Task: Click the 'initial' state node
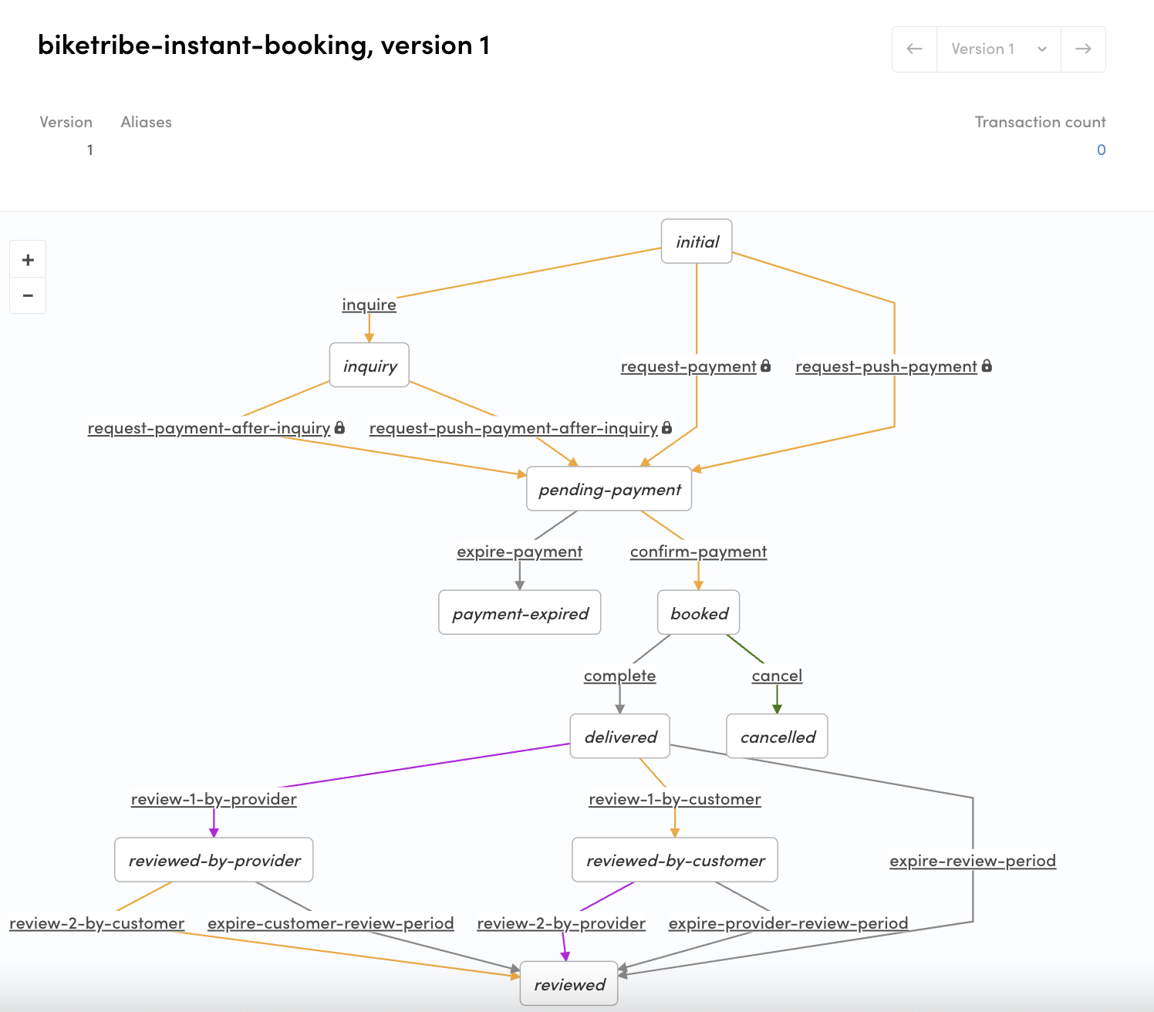point(697,241)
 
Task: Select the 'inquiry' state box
point(369,366)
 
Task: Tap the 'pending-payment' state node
point(609,489)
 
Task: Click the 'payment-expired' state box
point(520,613)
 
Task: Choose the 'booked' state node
point(699,613)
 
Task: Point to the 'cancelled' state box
point(778,737)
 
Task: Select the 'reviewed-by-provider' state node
point(214,860)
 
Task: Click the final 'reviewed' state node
point(569,984)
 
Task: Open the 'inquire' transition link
point(369,305)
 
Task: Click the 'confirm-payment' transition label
point(698,552)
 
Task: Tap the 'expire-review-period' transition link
point(972,861)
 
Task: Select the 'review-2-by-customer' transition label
point(97,923)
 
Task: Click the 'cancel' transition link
point(777,676)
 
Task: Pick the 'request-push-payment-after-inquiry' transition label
point(513,428)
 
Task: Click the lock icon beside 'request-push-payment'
point(987,366)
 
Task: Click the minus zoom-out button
point(28,295)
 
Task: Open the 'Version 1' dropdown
point(998,49)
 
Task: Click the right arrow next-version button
point(1083,49)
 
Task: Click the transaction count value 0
point(1101,150)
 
